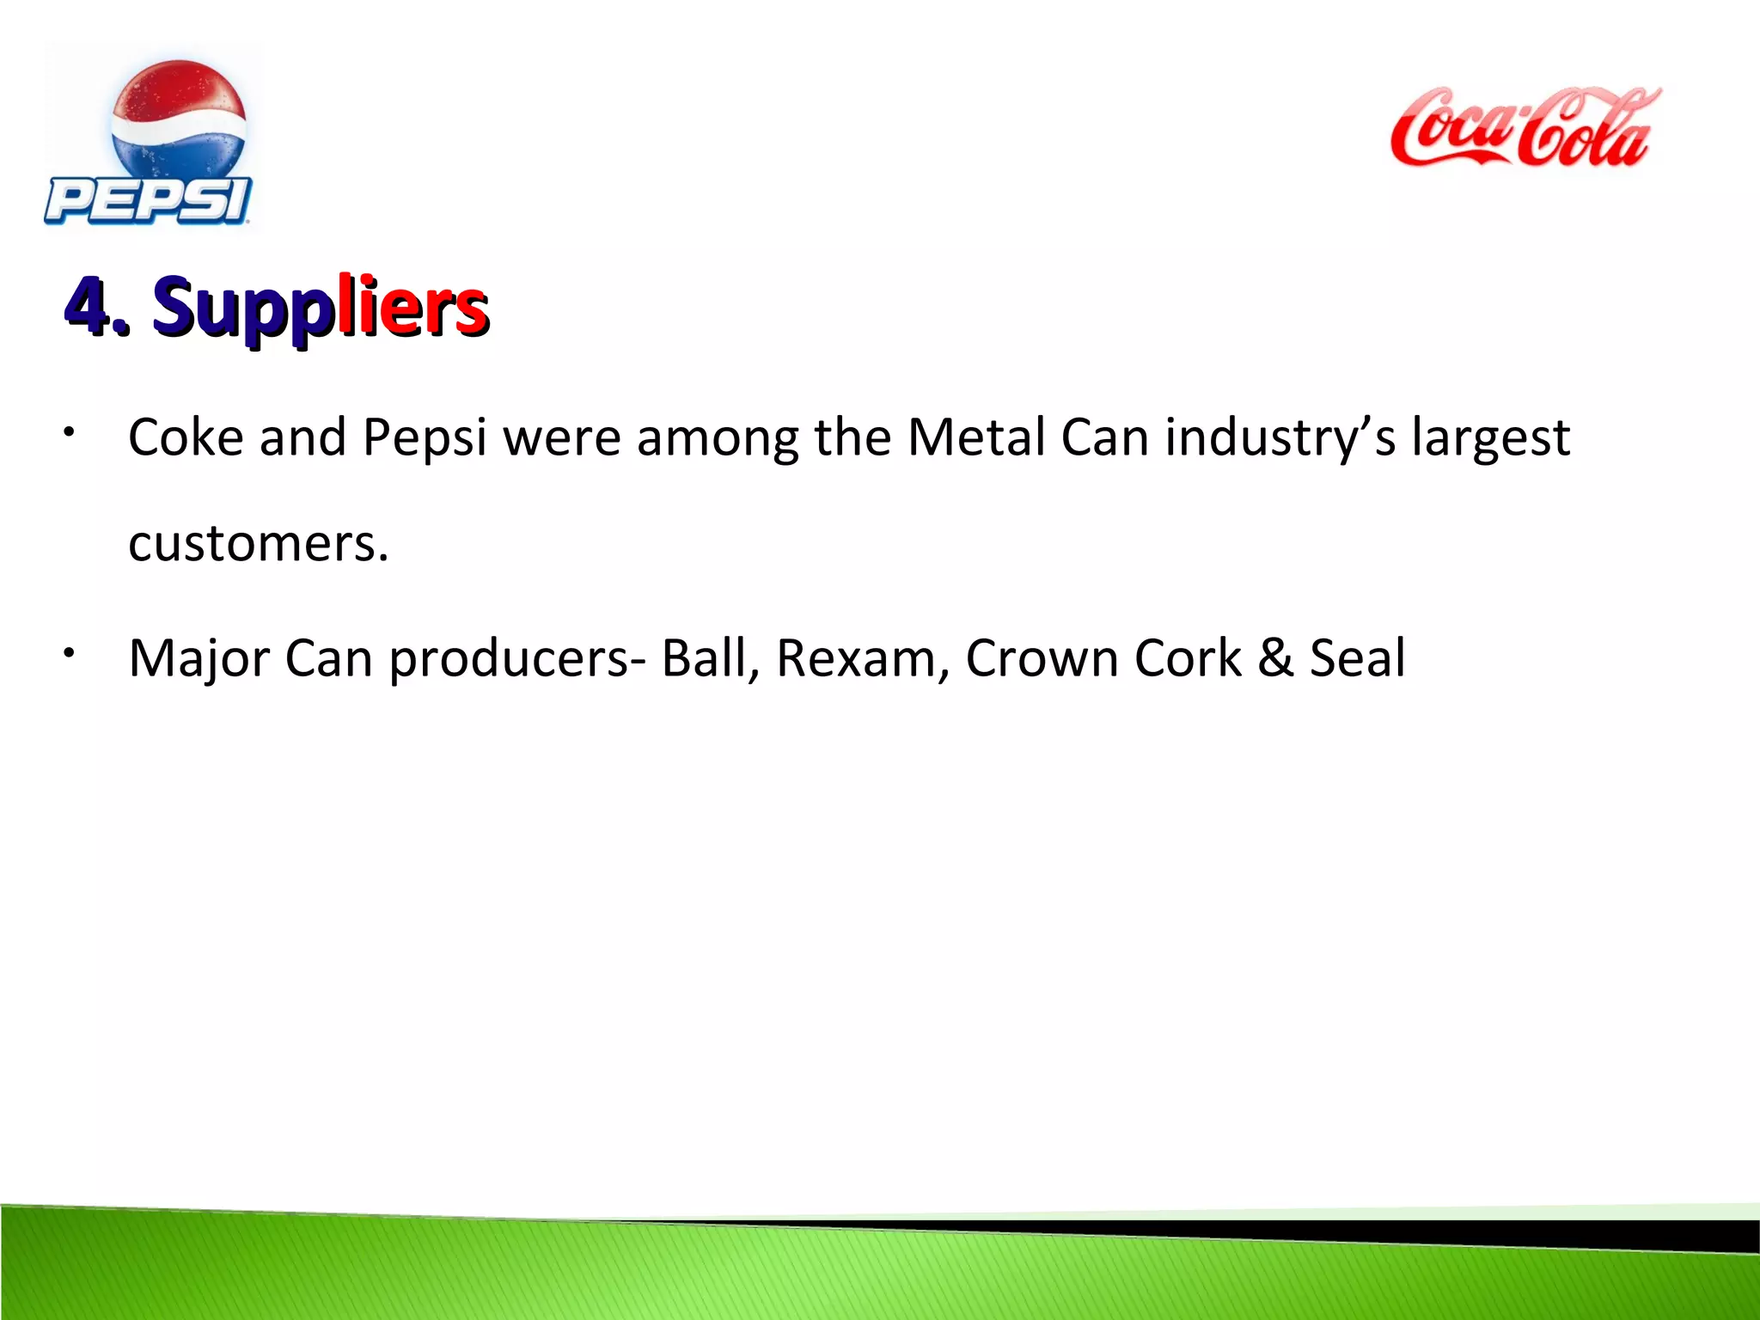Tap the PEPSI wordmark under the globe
(148, 201)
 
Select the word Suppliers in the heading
(321, 307)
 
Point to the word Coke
(186, 437)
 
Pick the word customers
(258, 544)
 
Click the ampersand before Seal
(1275, 659)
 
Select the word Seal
(1357, 659)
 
